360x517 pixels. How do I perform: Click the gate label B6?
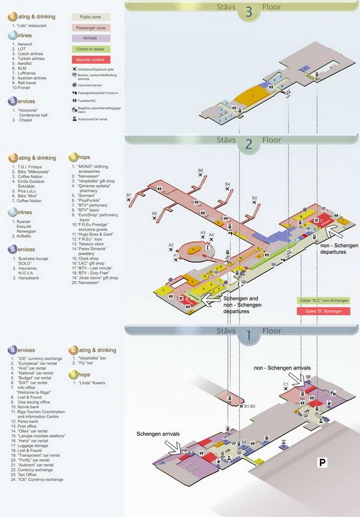(x=201, y=171)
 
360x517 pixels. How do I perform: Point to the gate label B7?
(x=129, y=196)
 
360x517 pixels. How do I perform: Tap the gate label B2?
(x=254, y=198)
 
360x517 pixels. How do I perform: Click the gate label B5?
(x=155, y=213)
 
